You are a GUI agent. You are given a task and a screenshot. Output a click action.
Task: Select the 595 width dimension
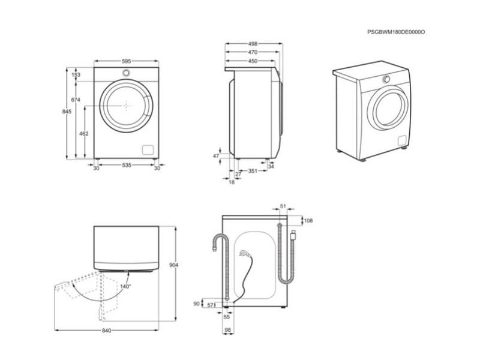(x=126, y=61)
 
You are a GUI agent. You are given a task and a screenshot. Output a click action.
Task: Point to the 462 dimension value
(x=84, y=133)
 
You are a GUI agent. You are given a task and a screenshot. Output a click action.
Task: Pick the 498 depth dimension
(x=253, y=44)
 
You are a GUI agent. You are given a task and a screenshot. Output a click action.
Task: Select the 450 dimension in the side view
(x=253, y=61)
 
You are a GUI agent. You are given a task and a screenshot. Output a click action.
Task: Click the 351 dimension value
(x=253, y=172)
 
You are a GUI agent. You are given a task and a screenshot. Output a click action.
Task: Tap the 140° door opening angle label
(x=125, y=287)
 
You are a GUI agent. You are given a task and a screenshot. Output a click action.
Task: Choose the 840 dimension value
(x=107, y=331)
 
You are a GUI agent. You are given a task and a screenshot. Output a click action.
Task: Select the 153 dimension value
(x=76, y=75)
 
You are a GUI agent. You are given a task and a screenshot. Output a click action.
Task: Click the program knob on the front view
(x=127, y=73)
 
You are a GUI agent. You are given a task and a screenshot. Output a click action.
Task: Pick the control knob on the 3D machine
(x=386, y=79)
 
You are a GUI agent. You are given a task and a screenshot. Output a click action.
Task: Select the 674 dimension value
(x=76, y=99)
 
